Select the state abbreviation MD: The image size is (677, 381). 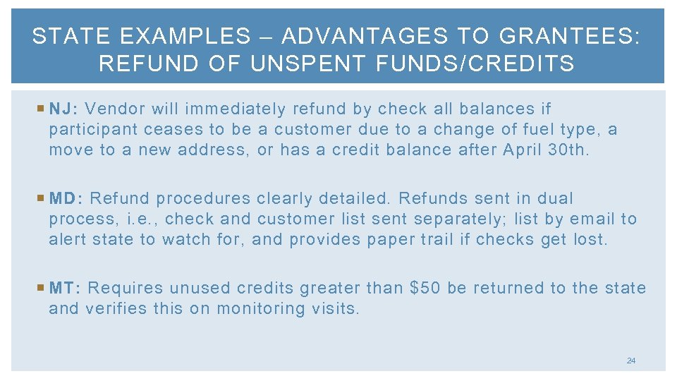67,198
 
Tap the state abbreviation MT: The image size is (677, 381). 66,288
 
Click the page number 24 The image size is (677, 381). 630,361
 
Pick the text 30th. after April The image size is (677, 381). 568,150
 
